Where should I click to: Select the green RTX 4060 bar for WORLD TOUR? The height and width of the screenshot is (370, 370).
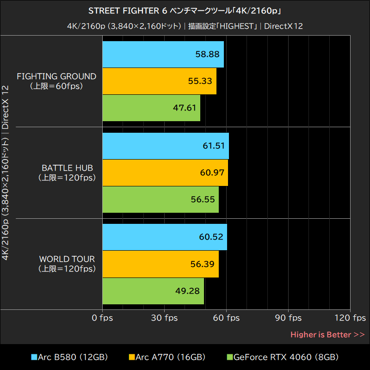(x=153, y=291)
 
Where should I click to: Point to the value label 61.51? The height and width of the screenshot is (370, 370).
(x=213, y=146)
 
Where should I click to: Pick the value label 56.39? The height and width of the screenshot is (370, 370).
(x=203, y=264)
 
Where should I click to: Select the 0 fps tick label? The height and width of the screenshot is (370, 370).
(x=102, y=318)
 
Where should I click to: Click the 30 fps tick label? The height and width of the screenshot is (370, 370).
(x=164, y=318)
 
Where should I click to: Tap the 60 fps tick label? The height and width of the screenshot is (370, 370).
(x=226, y=318)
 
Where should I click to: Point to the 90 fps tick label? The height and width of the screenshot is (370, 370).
(x=288, y=318)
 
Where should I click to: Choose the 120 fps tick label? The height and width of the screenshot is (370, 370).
(x=350, y=318)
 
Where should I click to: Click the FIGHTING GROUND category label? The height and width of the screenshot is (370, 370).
(x=56, y=80)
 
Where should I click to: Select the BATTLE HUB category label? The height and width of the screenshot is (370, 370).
(x=68, y=172)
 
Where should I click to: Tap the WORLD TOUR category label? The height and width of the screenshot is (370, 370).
(x=67, y=263)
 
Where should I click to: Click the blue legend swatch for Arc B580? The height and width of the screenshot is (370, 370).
(x=34, y=357)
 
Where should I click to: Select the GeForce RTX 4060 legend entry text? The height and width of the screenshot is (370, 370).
(x=286, y=357)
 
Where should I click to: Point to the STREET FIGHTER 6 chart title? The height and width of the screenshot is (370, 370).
(x=185, y=11)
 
